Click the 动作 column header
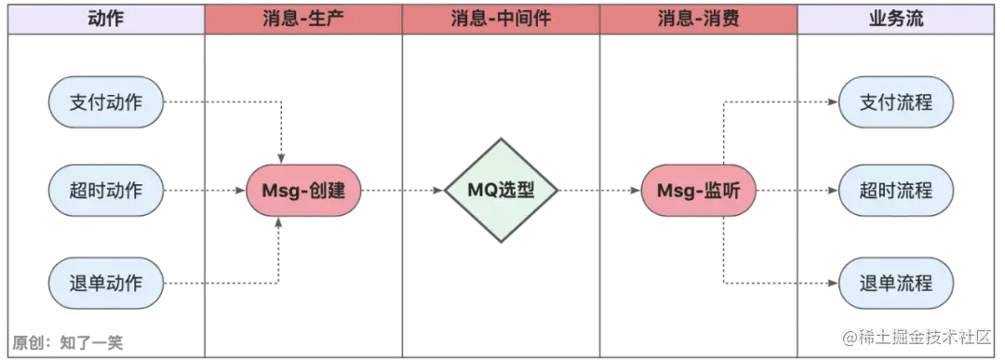104,19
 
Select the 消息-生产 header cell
303,19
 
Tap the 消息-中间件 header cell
501,19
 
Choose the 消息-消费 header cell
698,19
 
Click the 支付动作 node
106,102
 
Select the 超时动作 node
106,191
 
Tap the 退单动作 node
106,281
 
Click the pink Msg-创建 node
303,192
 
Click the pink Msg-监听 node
699,192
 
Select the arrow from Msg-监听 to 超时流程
796,192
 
